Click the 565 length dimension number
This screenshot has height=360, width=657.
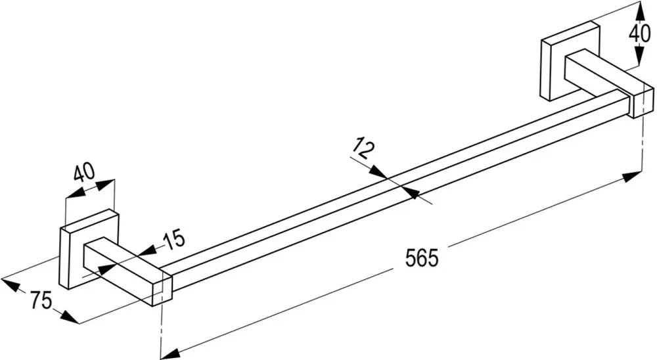[x=422, y=258]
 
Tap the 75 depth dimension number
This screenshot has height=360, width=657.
[x=41, y=300]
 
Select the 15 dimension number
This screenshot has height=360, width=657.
[x=173, y=238]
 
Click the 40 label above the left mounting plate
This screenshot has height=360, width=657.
[x=84, y=172]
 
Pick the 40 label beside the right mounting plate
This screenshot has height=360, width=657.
[x=639, y=32]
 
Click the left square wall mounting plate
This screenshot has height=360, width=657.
[x=89, y=249]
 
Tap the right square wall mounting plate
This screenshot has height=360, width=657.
[x=570, y=61]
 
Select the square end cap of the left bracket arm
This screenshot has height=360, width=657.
[x=162, y=291]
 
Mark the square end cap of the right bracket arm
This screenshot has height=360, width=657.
[x=643, y=102]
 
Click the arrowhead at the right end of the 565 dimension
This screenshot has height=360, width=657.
[x=632, y=177]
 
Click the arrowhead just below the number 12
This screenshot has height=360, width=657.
[x=380, y=172]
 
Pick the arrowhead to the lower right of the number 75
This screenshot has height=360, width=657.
[x=69, y=317]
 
